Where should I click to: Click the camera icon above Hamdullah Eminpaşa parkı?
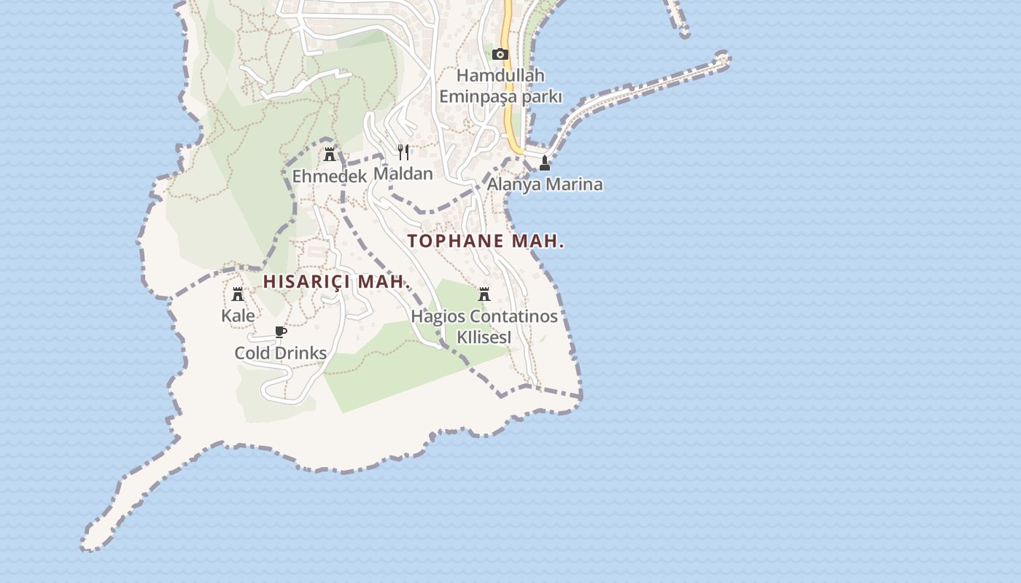click(500, 54)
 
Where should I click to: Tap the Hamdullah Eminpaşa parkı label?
click(500, 86)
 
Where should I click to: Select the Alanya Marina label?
click(545, 184)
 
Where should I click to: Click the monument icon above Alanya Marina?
click(544, 162)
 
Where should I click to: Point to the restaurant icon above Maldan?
click(403, 152)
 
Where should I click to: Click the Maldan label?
click(403, 173)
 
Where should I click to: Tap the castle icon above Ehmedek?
click(330, 154)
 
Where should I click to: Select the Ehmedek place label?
click(330, 176)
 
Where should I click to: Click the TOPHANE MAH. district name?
click(486, 241)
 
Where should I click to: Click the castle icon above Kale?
click(238, 294)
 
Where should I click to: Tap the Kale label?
click(238, 316)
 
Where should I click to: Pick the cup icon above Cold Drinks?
click(281, 332)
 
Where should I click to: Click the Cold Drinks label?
click(281, 353)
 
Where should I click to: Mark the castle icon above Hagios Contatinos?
click(484, 294)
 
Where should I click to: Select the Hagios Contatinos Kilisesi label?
click(484, 327)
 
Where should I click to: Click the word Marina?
click(574, 184)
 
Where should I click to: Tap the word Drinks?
click(299, 353)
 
